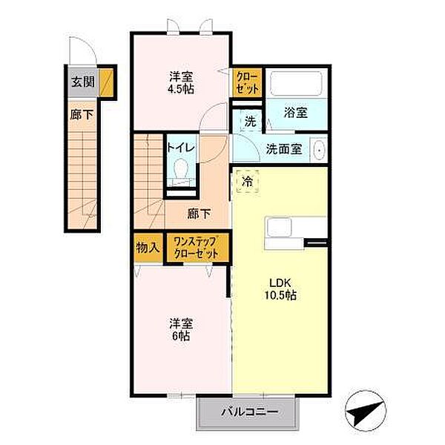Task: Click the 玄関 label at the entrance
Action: (82, 82)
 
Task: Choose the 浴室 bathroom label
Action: (297, 113)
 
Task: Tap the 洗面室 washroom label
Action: (283, 148)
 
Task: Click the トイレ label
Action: (180, 148)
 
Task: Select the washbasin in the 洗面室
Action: (319, 149)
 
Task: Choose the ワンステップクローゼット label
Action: (196, 247)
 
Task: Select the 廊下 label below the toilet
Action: (198, 214)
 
